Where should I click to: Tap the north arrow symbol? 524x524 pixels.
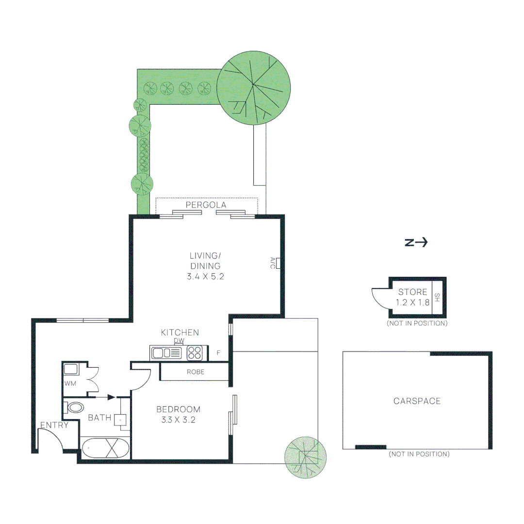click(416, 243)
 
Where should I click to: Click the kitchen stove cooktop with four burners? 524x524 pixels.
click(195, 353)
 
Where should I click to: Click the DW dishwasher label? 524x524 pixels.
click(180, 341)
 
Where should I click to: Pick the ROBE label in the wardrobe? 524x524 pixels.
click(195, 372)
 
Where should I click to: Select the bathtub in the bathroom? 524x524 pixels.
click(106, 447)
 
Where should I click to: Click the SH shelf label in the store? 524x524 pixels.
click(437, 297)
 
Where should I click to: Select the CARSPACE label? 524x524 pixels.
click(417, 401)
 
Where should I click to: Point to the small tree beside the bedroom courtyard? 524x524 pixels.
click(304, 457)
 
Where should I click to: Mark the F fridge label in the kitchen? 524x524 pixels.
click(218, 353)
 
